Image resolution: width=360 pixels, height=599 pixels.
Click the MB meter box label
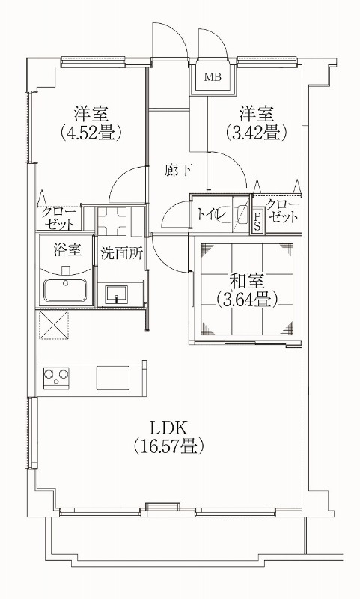213,77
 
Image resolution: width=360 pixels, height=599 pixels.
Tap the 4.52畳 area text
92,133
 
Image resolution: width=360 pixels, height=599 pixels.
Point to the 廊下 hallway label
178,170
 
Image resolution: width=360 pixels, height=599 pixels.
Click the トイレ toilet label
211,214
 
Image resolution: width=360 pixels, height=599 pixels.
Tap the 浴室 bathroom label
66,248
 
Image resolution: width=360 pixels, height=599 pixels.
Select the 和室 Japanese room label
247,282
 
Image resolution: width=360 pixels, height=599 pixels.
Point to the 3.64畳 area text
247,300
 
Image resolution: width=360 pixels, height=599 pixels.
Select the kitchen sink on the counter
114,377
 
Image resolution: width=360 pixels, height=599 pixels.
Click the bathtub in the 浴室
66,289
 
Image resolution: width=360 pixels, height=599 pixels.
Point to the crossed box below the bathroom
54,326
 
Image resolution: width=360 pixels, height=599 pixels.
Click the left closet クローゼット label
58,217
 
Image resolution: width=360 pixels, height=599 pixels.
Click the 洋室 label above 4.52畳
92,114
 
